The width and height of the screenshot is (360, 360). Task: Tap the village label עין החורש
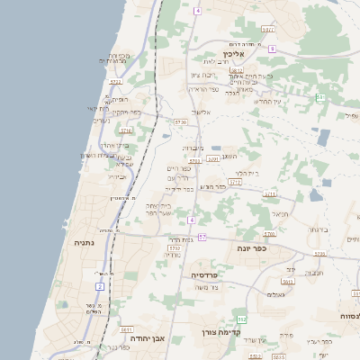coord(270,101)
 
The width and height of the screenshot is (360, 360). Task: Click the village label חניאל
coord(280,213)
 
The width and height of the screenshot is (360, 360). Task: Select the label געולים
coord(276,294)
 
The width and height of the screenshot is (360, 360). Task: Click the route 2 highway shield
coord(100,285)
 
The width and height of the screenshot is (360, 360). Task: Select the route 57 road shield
coord(202,237)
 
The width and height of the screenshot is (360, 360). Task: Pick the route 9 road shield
coord(272,49)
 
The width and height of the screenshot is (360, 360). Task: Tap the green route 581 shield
coord(320,97)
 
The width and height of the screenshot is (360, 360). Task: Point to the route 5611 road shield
coord(270,193)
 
